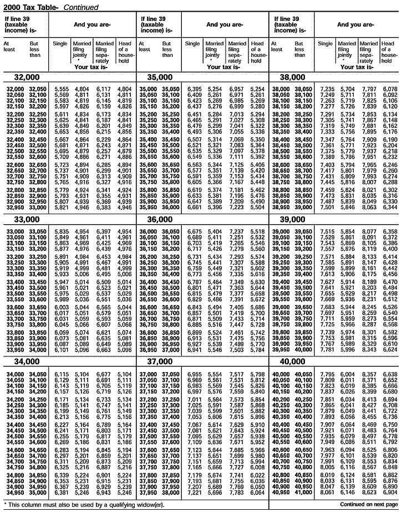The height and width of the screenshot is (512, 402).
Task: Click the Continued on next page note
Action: click(368, 505)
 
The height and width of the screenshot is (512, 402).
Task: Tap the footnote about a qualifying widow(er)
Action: click(71, 505)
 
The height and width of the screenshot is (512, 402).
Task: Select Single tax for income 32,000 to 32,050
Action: click(61, 89)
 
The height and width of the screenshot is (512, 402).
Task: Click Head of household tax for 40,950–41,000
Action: click(390, 492)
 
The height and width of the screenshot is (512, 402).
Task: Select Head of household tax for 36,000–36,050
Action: click(257, 231)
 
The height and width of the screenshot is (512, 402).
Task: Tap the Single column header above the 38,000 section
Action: click(325, 44)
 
